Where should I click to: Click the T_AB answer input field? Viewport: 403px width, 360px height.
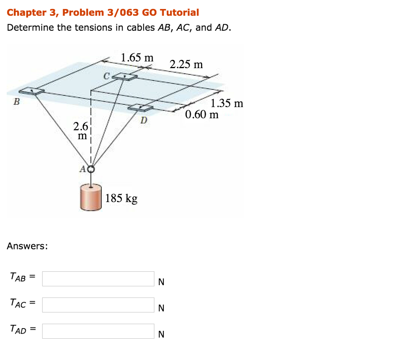[98, 278]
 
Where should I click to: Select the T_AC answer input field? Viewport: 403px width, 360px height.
[98, 305]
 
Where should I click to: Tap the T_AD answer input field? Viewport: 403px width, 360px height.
[98, 331]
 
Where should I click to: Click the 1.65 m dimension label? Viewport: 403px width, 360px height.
[137, 58]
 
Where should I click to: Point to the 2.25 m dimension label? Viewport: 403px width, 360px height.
[186, 64]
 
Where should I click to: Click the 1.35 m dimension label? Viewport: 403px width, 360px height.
[227, 104]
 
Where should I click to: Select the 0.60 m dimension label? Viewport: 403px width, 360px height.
[202, 115]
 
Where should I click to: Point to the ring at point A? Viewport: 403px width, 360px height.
[91, 169]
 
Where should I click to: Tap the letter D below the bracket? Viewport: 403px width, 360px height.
[144, 120]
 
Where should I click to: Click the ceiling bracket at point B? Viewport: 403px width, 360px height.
[31, 91]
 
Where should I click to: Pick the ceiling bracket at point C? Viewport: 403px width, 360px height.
[126, 77]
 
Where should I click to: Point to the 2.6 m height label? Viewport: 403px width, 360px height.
[81, 131]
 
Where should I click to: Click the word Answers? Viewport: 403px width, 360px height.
[28, 246]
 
